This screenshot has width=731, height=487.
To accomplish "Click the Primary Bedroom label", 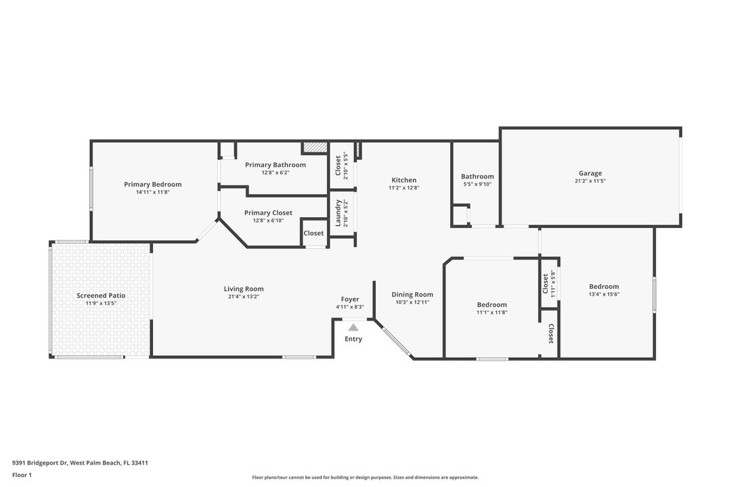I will click(x=152, y=184).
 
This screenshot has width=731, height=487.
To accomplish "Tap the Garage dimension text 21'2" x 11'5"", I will click(x=590, y=181).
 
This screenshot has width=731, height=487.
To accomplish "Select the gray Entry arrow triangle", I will click(x=353, y=327).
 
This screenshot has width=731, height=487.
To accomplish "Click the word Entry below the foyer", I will click(x=353, y=339).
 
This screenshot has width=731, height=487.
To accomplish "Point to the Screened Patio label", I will click(x=101, y=296).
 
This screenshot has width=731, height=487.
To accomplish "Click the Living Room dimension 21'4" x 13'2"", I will click(x=244, y=296).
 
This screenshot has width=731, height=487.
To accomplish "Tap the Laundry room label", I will click(x=338, y=212).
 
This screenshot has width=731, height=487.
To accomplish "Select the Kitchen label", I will click(x=404, y=180).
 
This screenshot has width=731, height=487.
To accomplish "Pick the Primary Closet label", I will click(x=268, y=212).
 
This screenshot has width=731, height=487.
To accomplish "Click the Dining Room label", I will click(x=412, y=294).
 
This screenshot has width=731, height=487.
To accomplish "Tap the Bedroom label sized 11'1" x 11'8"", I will click(x=491, y=304).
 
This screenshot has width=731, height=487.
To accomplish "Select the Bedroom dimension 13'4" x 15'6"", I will click(x=604, y=294).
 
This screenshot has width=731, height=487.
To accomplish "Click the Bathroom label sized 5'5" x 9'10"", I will click(x=477, y=177).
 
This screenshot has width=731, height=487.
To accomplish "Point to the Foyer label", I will click(x=350, y=299).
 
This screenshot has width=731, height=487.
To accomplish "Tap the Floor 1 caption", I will click(x=22, y=475).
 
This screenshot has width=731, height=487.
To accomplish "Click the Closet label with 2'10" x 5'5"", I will click(x=338, y=165).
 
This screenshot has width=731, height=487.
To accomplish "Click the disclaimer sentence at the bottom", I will click(x=365, y=478).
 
